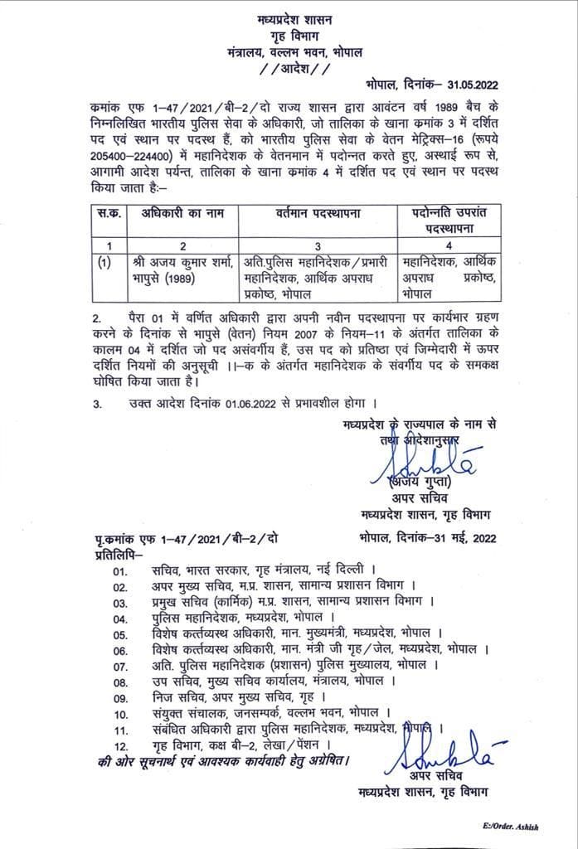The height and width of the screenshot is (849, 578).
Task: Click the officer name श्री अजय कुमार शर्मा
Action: pyautogui.click(x=179, y=260)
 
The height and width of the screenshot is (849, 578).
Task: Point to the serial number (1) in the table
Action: pyautogui.click(x=107, y=260)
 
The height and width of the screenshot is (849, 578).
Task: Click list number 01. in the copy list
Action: pyautogui.click(x=122, y=572)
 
